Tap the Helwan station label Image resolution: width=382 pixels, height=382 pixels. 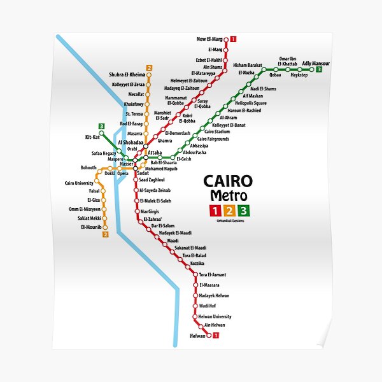point(197,336)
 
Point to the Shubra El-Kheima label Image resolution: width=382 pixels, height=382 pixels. point(127,74)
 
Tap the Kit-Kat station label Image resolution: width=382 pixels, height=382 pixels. point(92,136)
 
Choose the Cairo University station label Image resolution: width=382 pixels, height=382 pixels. point(79,183)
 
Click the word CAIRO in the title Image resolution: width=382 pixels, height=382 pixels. point(227,181)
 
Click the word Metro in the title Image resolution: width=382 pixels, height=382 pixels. point(227,196)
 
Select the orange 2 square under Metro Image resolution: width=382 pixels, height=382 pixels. point(229,211)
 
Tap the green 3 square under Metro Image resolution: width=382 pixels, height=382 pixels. point(244,211)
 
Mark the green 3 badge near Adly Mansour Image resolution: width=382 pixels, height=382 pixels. point(318,69)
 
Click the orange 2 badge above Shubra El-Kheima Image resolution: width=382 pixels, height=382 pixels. point(148,67)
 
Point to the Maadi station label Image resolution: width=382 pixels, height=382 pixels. point(173,241)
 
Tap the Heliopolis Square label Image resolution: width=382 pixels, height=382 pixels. point(251,103)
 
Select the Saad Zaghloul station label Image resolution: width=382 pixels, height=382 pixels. point(152,180)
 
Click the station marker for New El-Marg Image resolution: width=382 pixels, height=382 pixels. point(225,39)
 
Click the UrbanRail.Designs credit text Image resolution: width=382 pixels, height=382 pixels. point(230,220)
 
